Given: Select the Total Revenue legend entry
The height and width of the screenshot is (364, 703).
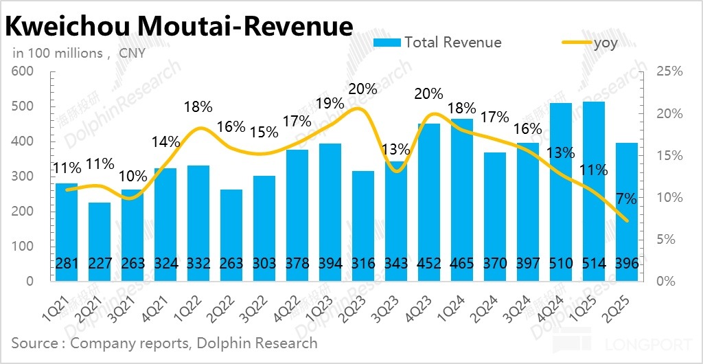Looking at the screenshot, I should pyautogui.click(x=437, y=43).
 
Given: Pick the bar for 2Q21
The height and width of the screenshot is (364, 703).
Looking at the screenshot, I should pyautogui.click(x=100, y=242).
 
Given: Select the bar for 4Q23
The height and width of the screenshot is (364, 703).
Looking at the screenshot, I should pyautogui.click(x=429, y=203).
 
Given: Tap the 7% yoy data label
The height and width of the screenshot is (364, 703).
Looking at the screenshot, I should pyautogui.click(x=626, y=199).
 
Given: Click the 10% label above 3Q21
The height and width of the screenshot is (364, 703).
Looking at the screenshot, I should pyautogui.click(x=132, y=175).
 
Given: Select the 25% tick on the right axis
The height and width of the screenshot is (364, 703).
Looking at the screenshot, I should pyautogui.click(x=669, y=71).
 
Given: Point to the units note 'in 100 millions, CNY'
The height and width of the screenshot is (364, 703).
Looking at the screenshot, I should pyautogui.click(x=79, y=53).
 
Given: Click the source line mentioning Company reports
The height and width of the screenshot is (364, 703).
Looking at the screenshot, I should pyautogui.click(x=164, y=342).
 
